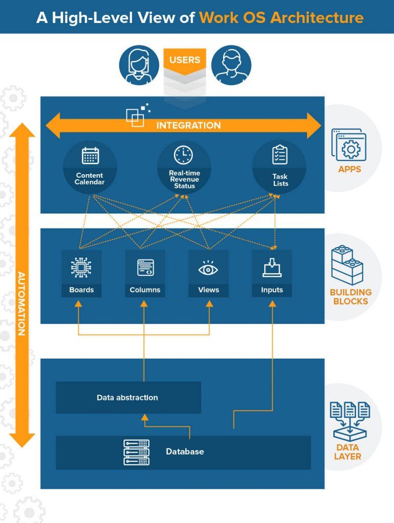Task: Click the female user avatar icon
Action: (x=139, y=66)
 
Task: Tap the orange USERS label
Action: (x=185, y=60)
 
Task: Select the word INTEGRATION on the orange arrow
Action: (x=188, y=126)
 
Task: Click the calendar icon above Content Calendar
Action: (x=90, y=156)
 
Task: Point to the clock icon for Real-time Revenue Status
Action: (x=184, y=155)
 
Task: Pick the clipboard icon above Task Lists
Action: (x=280, y=155)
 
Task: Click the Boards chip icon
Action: (x=81, y=268)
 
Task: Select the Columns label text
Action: (x=145, y=290)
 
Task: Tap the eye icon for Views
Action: (x=208, y=268)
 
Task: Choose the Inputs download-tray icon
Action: (x=272, y=268)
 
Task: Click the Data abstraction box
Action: (x=128, y=397)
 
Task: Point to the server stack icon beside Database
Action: (x=136, y=452)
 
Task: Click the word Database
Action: (x=185, y=451)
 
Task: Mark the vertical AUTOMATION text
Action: (x=21, y=303)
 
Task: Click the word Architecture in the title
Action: (x=317, y=17)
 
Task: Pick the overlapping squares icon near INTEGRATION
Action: (x=137, y=116)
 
